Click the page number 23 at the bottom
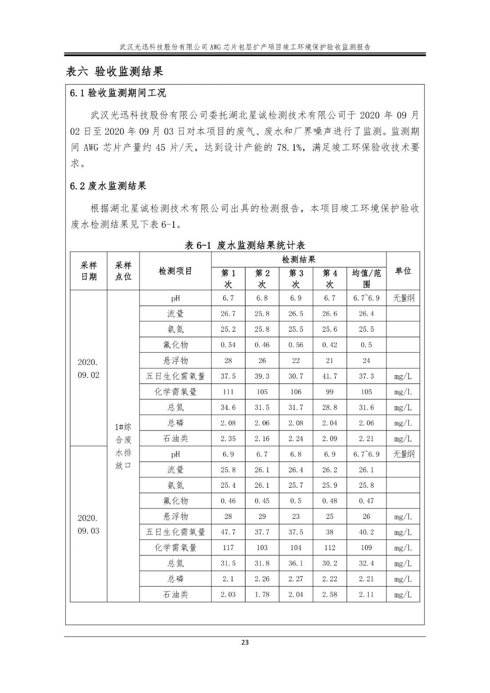pos(245,642)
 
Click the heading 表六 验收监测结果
pos(114,71)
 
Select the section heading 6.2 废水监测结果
pos(108,186)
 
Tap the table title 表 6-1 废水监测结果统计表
pos(245,245)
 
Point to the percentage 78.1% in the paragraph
pos(289,147)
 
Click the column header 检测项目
pos(175,271)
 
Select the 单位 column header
pos(403,271)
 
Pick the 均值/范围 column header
pos(366,278)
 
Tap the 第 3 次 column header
pos(296,278)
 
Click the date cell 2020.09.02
pos(88,369)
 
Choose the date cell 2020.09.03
pos(88,525)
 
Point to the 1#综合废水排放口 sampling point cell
pos(123,446)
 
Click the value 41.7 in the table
pos(330,376)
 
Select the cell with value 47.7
pos(228,532)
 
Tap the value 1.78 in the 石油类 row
pos(262,594)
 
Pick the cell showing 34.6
pos(228,407)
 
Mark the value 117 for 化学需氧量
pos(228,547)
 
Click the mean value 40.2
pos(366,532)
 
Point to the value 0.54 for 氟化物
pos(228,345)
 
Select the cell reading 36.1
pos(296,563)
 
